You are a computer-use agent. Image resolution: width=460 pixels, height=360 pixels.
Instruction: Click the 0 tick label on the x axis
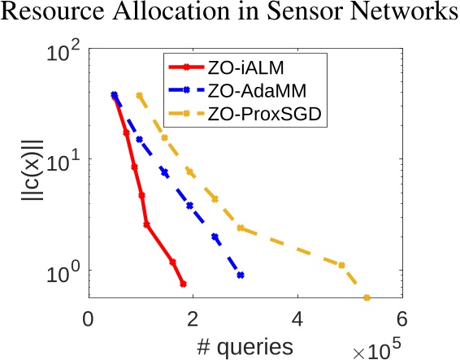pyautogui.click(x=89, y=319)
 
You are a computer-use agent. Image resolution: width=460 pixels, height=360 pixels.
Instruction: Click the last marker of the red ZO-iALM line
pyautogui.click(x=183, y=284)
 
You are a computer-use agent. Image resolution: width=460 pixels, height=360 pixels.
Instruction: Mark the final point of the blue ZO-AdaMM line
pyautogui.click(x=241, y=275)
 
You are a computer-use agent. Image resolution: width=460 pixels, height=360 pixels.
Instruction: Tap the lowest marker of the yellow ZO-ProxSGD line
pyautogui.click(x=367, y=298)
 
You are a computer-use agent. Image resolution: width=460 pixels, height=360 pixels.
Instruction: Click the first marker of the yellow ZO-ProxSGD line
pyautogui.click(x=140, y=95)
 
